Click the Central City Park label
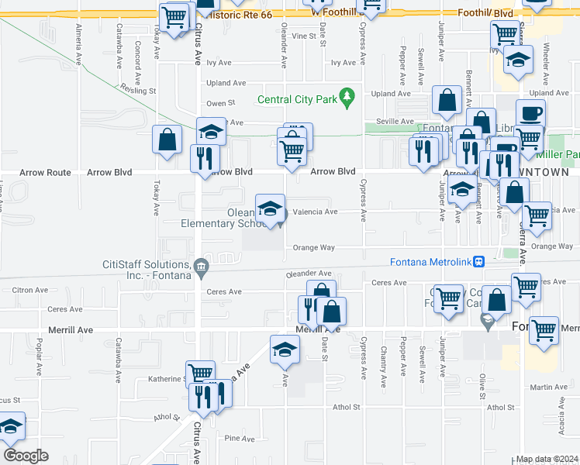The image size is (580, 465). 297,99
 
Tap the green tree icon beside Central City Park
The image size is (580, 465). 348,97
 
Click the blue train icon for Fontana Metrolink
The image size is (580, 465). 480,261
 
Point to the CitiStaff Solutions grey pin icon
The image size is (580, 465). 201,268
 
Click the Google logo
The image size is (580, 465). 26,456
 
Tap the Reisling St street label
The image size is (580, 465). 138,89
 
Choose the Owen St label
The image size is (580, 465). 220,103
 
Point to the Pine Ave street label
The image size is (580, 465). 239,439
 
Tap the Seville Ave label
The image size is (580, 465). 395,121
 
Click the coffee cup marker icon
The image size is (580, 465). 530,112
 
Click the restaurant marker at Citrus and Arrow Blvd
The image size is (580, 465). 205,157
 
